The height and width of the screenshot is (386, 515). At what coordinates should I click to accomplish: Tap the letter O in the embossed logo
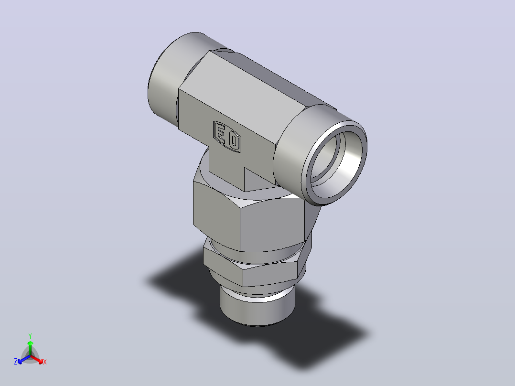(x=234, y=141)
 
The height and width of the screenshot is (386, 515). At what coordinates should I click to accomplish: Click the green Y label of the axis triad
(x=30, y=336)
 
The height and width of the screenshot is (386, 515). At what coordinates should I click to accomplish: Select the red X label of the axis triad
(x=45, y=362)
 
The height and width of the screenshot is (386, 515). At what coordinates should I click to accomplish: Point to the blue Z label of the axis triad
(x=16, y=361)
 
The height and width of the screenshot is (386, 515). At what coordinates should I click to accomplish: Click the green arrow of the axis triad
(x=30, y=348)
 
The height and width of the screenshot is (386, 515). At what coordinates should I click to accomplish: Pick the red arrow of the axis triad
(x=37, y=359)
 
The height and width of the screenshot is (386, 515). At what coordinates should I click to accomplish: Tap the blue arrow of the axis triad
(x=24, y=359)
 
